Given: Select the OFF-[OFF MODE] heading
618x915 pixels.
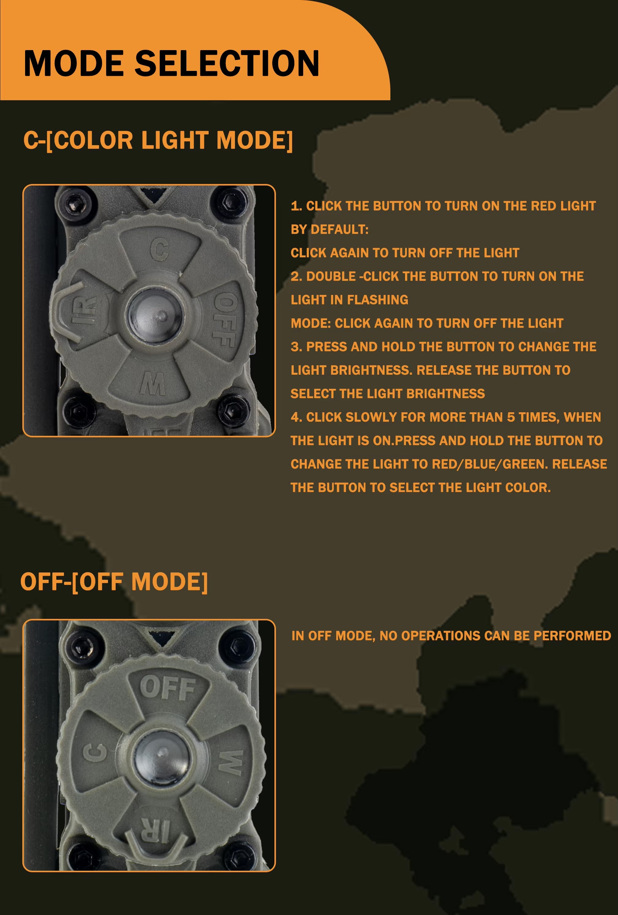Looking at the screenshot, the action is pyautogui.click(x=114, y=582).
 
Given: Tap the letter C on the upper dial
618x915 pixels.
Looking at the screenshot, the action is pyautogui.click(x=159, y=250).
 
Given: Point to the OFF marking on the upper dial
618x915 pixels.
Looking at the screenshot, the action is pyautogui.click(x=225, y=321).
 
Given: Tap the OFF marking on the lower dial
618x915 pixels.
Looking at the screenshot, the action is pyautogui.click(x=168, y=688).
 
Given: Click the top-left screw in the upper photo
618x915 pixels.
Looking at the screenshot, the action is pyautogui.click(x=75, y=203).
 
